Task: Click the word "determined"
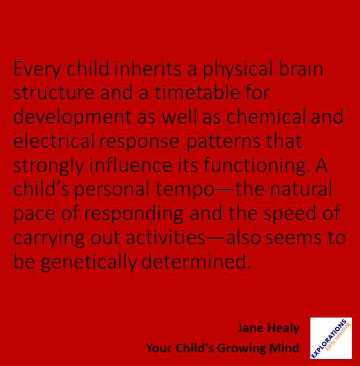(196, 262)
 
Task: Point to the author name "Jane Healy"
(268, 328)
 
